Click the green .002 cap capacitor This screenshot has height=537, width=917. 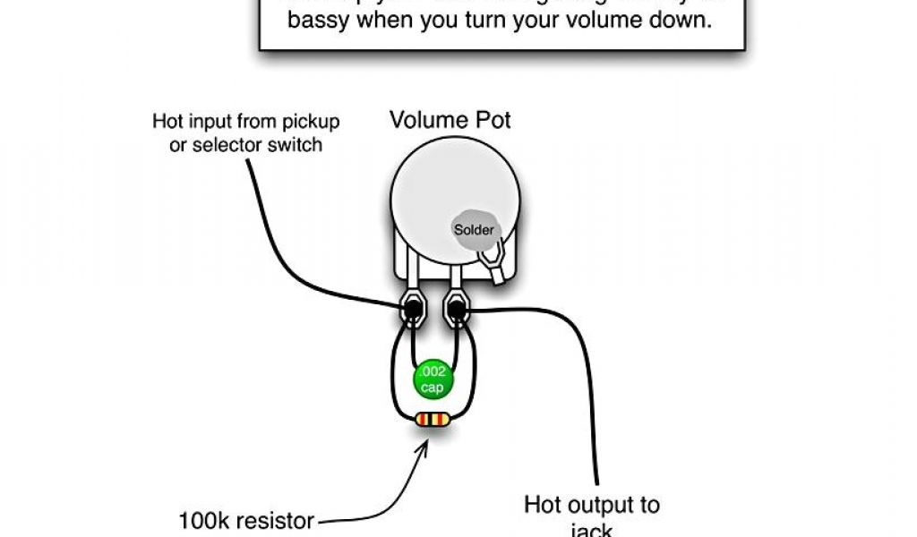433,379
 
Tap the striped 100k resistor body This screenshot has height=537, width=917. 433,419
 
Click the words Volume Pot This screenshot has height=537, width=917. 450,120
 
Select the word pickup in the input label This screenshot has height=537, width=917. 311,122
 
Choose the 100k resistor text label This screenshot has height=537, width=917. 246,520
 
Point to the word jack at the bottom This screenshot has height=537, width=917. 592,531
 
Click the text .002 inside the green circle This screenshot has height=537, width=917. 433,371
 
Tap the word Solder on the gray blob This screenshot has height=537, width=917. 474,230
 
